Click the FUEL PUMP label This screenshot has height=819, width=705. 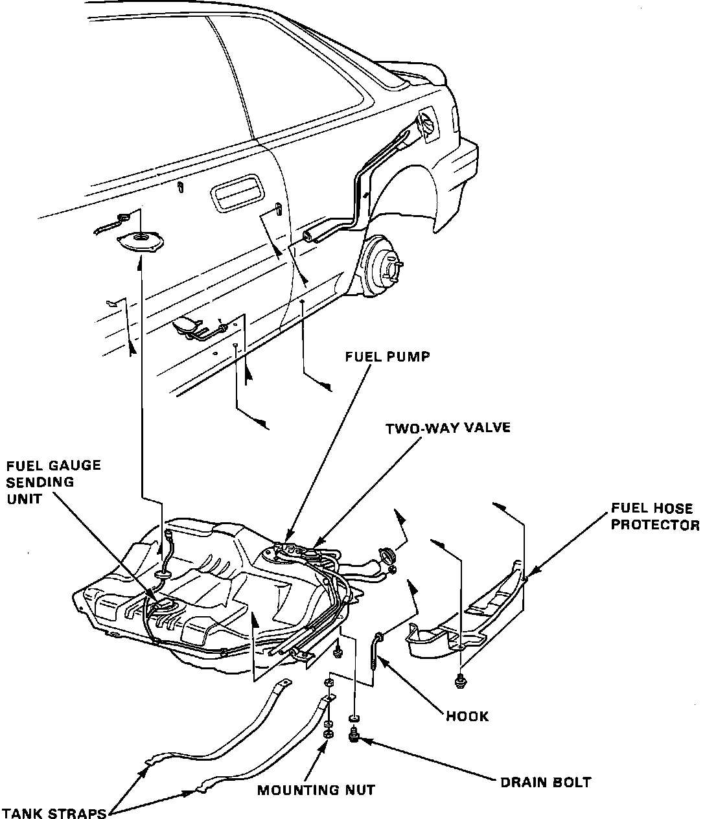(x=387, y=356)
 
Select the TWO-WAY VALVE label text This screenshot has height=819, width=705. (x=448, y=428)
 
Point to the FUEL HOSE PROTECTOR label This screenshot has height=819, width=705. (x=654, y=516)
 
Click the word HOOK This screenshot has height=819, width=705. (x=467, y=716)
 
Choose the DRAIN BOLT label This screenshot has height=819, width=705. (x=546, y=782)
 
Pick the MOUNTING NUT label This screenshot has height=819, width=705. (x=316, y=790)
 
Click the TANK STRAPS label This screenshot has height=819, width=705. (x=54, y=813)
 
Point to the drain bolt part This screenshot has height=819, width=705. (x=354, y=736)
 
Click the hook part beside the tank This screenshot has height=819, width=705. (x=376, y=648)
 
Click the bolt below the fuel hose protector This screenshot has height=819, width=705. (x=460, y=680)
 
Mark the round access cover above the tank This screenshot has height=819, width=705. (x=139, y=242)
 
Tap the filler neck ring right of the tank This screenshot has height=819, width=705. (x=387, y=556)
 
